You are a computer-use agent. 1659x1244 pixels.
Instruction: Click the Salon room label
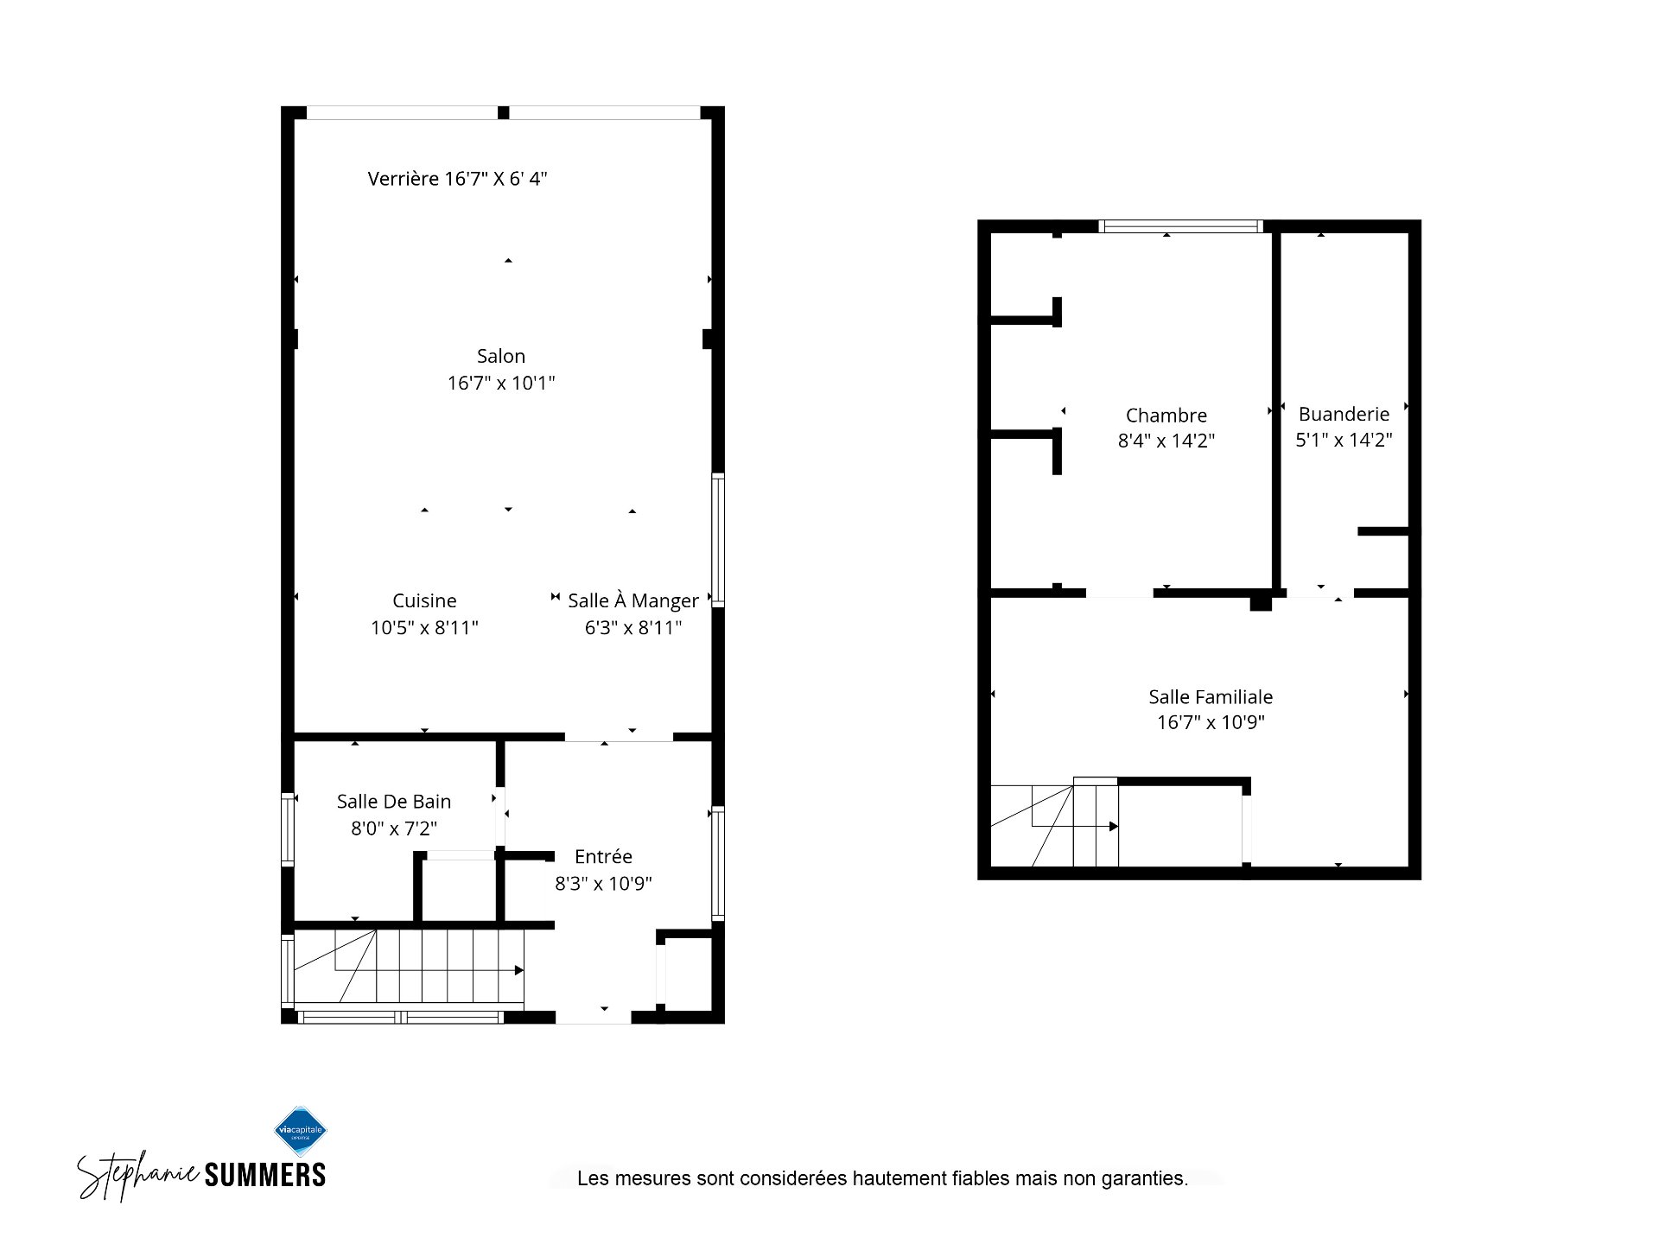501,356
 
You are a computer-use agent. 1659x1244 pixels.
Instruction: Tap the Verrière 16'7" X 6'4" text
457,179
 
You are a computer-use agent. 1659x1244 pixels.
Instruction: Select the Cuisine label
424,600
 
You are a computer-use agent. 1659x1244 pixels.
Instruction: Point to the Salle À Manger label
633,600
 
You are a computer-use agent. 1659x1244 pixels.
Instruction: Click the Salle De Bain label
394,802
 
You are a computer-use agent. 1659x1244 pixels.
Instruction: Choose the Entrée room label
603,856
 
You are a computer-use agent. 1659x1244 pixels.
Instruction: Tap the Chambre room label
1166,416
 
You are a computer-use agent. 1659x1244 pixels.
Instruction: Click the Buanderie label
1344,415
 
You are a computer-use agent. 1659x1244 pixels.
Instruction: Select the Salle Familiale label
1211,696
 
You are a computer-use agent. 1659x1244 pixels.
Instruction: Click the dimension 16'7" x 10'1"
501,383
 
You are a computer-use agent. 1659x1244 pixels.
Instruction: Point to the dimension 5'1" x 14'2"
1344,440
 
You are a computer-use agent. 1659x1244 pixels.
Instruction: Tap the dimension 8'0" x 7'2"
394,828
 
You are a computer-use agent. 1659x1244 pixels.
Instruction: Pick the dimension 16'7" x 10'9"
1211,722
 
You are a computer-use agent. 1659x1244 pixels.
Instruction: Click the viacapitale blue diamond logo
301,1131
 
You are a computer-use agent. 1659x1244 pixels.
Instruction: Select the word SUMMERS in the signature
264,1175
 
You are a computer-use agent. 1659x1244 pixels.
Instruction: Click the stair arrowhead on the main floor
519,970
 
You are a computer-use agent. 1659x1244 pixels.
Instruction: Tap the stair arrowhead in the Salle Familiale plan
1114,827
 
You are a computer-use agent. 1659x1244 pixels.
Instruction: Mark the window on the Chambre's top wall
1181,226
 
